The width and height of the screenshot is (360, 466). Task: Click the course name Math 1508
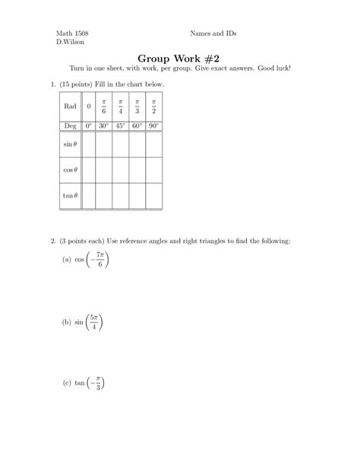73,35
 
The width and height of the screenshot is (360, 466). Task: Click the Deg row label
69,125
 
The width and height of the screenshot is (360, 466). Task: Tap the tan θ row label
69,195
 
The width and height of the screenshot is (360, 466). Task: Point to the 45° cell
120,125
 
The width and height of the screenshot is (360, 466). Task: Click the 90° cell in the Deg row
154,125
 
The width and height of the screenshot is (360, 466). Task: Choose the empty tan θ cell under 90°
154,195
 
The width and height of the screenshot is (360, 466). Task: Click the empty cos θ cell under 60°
137,170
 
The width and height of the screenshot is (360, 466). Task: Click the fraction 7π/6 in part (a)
99,260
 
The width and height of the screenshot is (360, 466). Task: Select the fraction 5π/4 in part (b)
93,322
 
